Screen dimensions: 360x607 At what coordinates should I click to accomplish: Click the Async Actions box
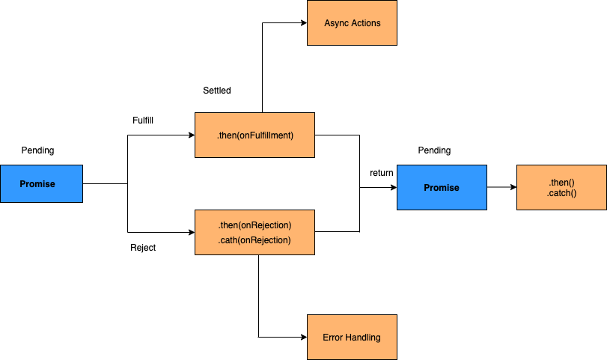352,23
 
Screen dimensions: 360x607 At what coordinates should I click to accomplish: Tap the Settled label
217,91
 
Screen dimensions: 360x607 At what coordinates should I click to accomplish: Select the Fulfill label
143,120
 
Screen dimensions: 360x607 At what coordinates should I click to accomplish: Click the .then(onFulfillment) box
254,135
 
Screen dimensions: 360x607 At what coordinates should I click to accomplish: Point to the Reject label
143,247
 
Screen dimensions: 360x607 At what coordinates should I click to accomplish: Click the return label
382,173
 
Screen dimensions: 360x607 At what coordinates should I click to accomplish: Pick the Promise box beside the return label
442,187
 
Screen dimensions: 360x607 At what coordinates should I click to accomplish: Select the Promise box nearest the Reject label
41,184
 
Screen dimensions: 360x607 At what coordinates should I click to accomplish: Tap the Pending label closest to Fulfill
37,150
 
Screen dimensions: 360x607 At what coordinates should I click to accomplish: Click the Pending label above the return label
434,150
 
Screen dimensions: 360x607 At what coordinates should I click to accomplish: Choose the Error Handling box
352,338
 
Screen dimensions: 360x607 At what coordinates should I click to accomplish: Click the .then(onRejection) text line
254,225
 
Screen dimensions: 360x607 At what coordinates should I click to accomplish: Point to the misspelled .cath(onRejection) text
254,240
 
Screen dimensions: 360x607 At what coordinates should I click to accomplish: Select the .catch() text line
561,193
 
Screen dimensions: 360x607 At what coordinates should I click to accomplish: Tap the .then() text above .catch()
561,183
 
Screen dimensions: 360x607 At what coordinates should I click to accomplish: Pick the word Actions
366,23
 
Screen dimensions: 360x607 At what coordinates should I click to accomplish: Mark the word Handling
363,338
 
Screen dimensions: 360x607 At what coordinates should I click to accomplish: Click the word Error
333,338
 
